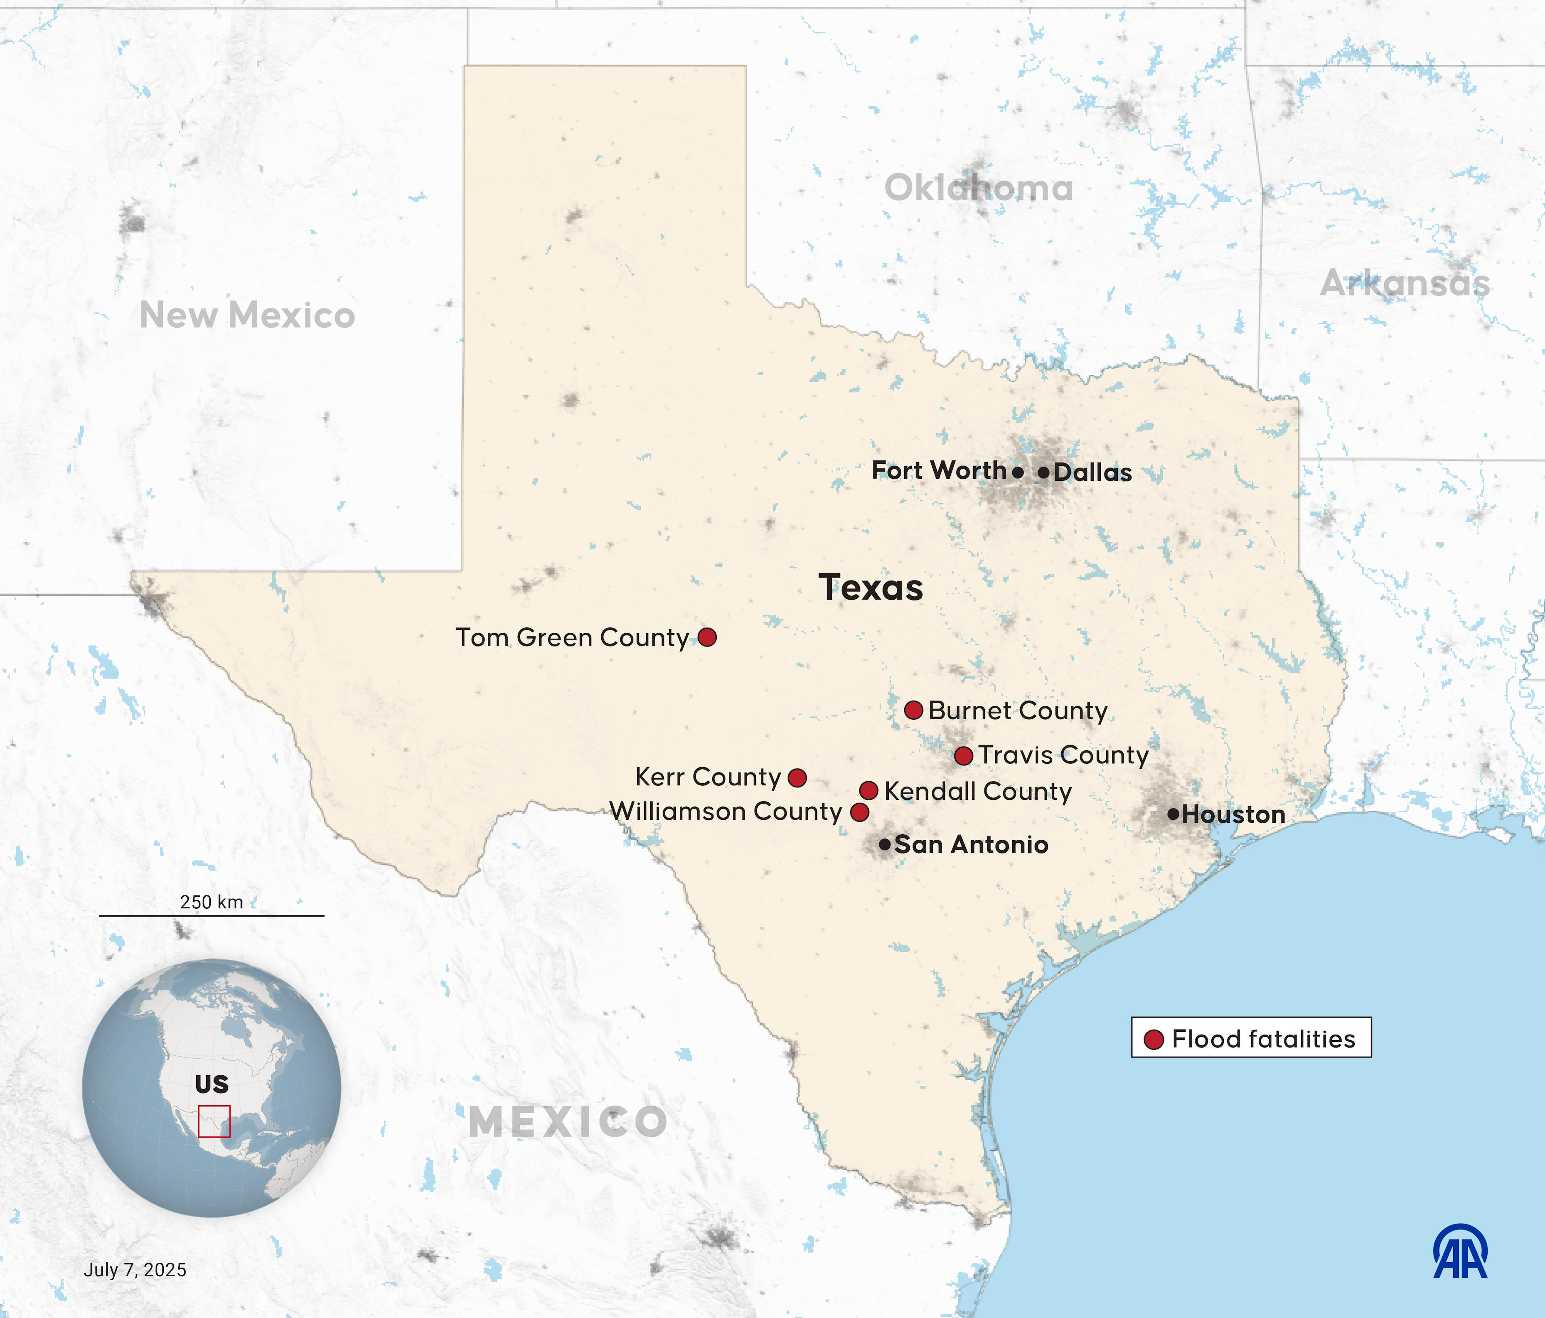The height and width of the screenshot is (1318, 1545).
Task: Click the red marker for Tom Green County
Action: pos(707,637)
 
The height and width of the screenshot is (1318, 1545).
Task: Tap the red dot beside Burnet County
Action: pos(913,710)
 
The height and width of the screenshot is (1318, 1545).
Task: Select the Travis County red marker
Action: pos(963,755)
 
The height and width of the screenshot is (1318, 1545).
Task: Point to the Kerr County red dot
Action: pos(797,777)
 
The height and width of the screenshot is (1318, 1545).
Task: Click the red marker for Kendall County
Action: pos(868,790)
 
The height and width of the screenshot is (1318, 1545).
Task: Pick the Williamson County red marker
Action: pos(860,812)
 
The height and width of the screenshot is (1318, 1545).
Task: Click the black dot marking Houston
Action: pos(1173,814)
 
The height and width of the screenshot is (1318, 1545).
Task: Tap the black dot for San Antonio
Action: pos(884,845)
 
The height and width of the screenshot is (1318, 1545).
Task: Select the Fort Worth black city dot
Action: pos(1018,472)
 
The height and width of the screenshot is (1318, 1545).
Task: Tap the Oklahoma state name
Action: pos(978,188)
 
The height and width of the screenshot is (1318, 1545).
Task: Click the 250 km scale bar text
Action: pos(212,902)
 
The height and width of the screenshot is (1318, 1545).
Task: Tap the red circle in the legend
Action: pos(1154,1039)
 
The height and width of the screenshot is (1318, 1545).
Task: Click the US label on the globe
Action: pos(212,1084)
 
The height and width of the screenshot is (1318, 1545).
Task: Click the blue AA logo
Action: pos(1460,1252)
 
